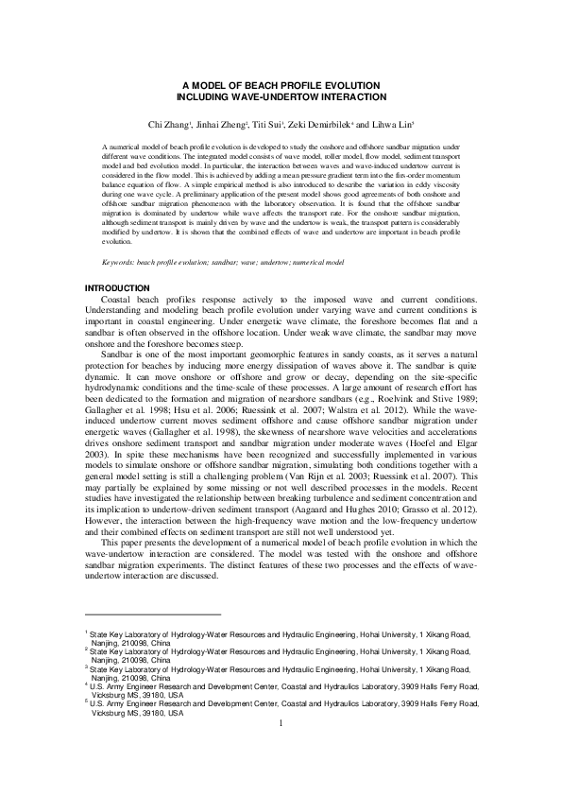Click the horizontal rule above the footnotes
click(151, 614)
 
